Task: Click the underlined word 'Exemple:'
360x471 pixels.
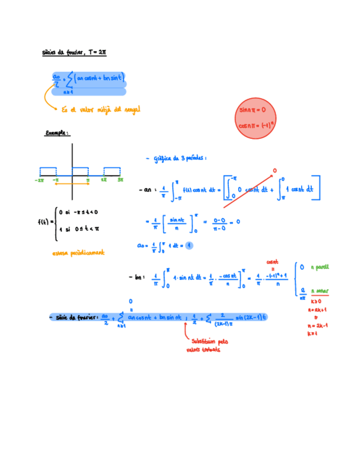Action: (57, 133)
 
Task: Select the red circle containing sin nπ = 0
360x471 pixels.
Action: (256, 118)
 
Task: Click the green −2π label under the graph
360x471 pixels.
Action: (39, 180)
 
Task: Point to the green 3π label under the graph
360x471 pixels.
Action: (121, 180)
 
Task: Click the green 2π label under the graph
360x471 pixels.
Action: (104, 180)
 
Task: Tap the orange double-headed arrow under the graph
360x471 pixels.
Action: (72, 183)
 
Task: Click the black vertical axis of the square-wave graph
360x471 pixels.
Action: (72, 161)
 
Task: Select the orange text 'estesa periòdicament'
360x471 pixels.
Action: (78, 253)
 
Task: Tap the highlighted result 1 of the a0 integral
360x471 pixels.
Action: (189, 245)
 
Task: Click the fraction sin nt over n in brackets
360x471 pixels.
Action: (177, 222)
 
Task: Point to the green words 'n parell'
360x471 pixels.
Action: (320, 267)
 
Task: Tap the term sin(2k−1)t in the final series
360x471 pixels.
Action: (251, 317)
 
